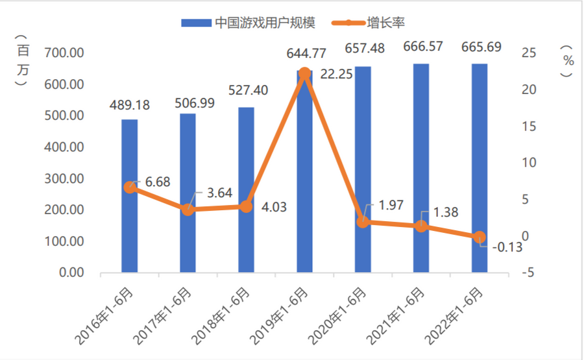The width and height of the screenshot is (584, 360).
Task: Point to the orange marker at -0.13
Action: (480, 237)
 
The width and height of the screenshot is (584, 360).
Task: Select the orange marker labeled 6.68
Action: (130, 187)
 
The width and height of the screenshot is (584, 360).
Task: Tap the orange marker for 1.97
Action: (363, 222)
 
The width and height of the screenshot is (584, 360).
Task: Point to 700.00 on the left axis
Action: (64, 53)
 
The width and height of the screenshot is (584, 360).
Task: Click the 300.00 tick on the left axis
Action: (64, 178)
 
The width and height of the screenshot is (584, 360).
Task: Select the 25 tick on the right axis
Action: (529, 53)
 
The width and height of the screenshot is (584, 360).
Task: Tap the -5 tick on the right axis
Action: (529, 273)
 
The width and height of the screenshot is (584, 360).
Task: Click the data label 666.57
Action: (422, 47)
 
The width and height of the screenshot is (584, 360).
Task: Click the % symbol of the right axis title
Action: (568, 60)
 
